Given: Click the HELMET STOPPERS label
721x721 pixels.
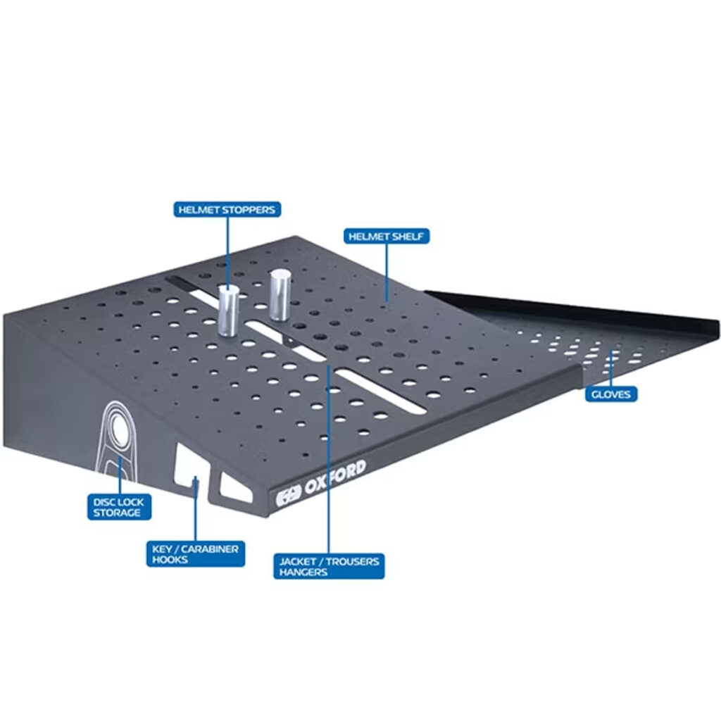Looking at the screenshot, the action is [x=227, y=210].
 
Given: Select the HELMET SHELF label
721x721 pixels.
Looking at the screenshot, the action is [x=387, y=237].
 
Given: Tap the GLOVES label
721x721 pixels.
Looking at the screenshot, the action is [x=611, y=394].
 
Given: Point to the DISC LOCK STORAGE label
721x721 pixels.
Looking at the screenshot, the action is [x=119, y=507].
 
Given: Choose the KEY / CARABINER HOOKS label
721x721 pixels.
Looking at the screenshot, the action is [x=196, y=553].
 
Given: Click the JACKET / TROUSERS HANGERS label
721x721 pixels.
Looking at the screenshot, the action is [x=329, y=566].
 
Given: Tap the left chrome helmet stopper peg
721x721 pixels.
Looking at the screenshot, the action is [x=228, y=311].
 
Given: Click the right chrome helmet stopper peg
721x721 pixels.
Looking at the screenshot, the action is [x=280, y=295].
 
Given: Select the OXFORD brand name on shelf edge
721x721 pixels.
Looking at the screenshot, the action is [x=335, y=477].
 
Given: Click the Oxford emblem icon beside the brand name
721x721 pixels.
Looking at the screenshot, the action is [x=288, y=496].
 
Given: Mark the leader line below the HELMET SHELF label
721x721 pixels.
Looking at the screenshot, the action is [x=387, y=273].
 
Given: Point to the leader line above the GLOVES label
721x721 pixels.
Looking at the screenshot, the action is [x=611, y=369].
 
